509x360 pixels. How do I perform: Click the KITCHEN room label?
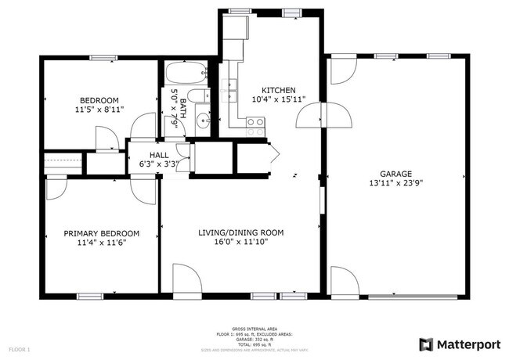[279, 90]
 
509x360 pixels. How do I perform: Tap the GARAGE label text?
[395, 174]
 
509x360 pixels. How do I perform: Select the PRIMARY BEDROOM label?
[101, 233]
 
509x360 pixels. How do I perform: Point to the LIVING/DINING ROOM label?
[240, 233]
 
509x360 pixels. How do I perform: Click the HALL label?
[159, 155]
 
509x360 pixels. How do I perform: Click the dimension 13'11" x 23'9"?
[395, 183]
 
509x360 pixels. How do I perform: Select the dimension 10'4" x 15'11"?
[279, 100]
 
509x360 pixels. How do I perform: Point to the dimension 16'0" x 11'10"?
[240, 243]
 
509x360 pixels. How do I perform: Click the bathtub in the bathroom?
[185, 74]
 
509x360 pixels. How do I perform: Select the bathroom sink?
[203, 120]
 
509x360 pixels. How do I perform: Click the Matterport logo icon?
[426, 344]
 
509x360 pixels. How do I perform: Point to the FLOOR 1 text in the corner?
[20, 348]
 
